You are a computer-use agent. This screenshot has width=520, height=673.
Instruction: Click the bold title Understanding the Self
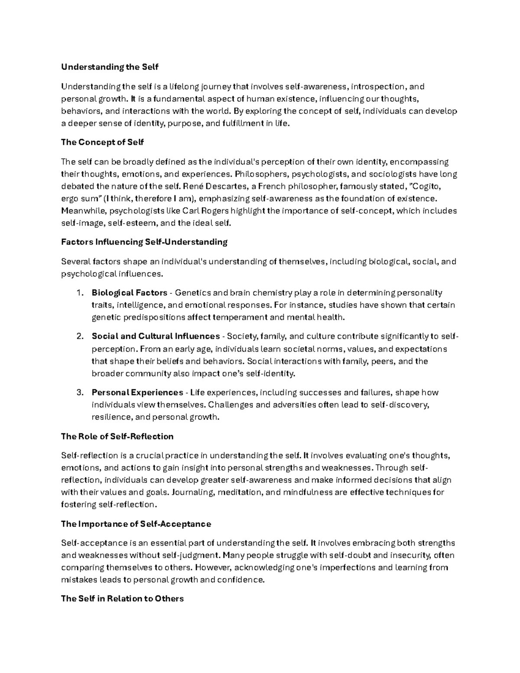pos(110,67)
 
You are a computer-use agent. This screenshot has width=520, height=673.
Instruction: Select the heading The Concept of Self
pos(102,142)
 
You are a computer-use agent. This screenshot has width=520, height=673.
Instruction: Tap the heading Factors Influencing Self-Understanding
pos(144,242)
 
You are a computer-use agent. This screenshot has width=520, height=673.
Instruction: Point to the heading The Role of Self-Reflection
pos(117,436)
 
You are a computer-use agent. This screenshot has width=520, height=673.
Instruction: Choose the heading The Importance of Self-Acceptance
pos(136,524)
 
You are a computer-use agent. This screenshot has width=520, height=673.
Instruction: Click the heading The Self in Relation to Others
pos(122,598)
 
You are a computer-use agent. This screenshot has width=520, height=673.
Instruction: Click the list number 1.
pos(79,293)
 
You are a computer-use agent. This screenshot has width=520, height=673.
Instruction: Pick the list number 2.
pos(79,337)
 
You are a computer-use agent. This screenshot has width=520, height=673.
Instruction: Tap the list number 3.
pos(79,393)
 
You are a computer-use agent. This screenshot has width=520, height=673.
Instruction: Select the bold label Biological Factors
pos(130,293)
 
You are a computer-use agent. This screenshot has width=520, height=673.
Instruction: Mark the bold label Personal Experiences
pos(137,393)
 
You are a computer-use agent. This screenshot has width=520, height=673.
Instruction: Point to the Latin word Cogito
pos(430,187)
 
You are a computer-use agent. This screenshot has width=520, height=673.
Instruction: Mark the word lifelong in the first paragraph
pos(172,87)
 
